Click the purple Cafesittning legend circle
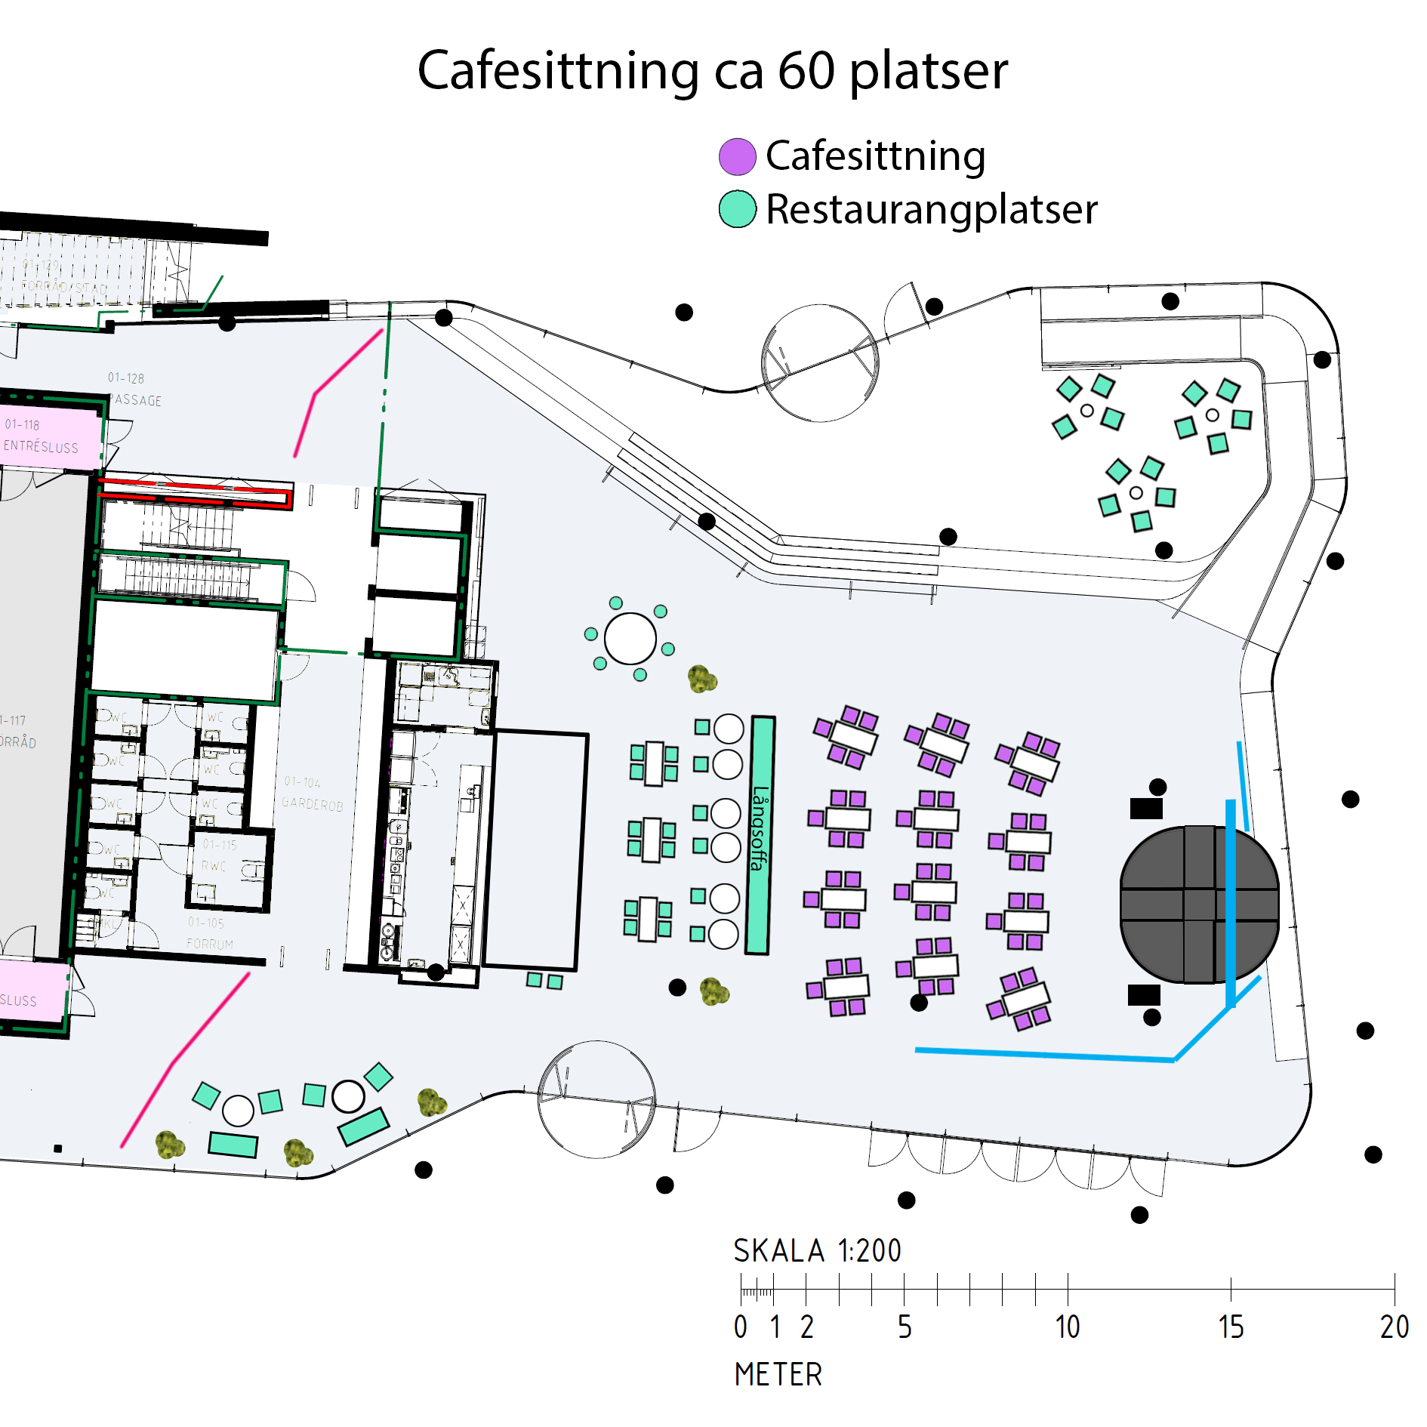click(x=737, y=157)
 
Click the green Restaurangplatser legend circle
click(x=737, y=209)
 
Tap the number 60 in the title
click(x=806, y=70)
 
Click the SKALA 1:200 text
click(x=817, y=1251)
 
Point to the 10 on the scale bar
click(x=1067, y=1327)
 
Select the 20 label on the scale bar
click(x=1394, y=1327)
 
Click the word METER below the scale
click(x=778, y=1374)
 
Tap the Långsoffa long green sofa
click(x=759, y=834)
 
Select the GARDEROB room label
click(x=312, y=805)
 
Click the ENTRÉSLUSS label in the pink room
click(x=41, y=446)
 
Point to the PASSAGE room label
click(x=136, y=400)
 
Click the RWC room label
click(x=214, y=866)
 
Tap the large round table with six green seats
click(x=630, y=639)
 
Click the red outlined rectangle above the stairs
click(x=195, y=492)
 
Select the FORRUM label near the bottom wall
click(x=210, y=944)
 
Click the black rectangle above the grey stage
click(x=1145, y=809)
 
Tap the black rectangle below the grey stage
click(x=1143, y=995)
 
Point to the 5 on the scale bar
click(x=904, y=1327)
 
